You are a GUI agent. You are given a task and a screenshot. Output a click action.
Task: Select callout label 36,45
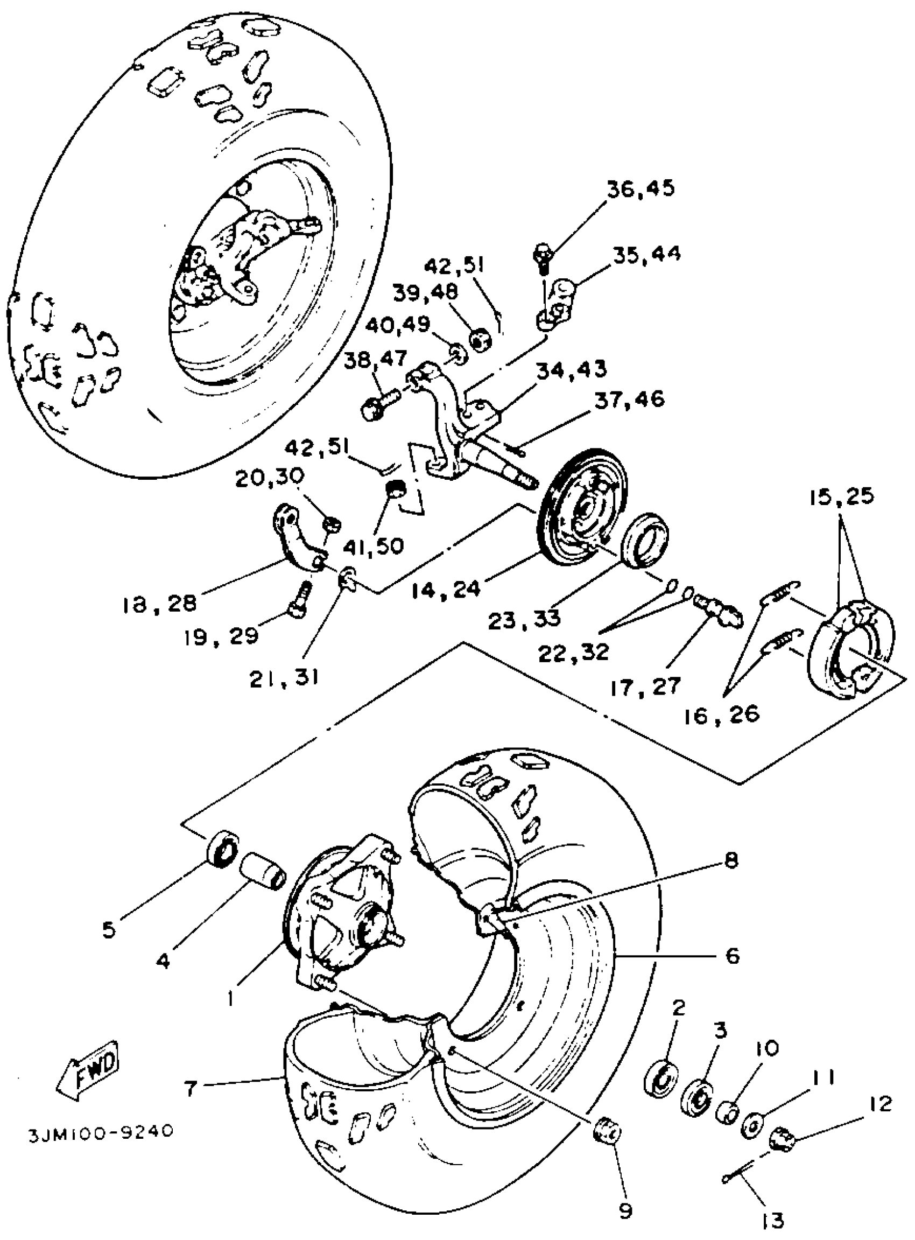642,190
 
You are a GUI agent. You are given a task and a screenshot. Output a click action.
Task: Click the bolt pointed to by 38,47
381,404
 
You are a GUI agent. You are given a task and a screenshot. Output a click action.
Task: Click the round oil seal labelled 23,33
646,541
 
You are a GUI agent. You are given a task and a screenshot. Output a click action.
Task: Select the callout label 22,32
574,651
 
